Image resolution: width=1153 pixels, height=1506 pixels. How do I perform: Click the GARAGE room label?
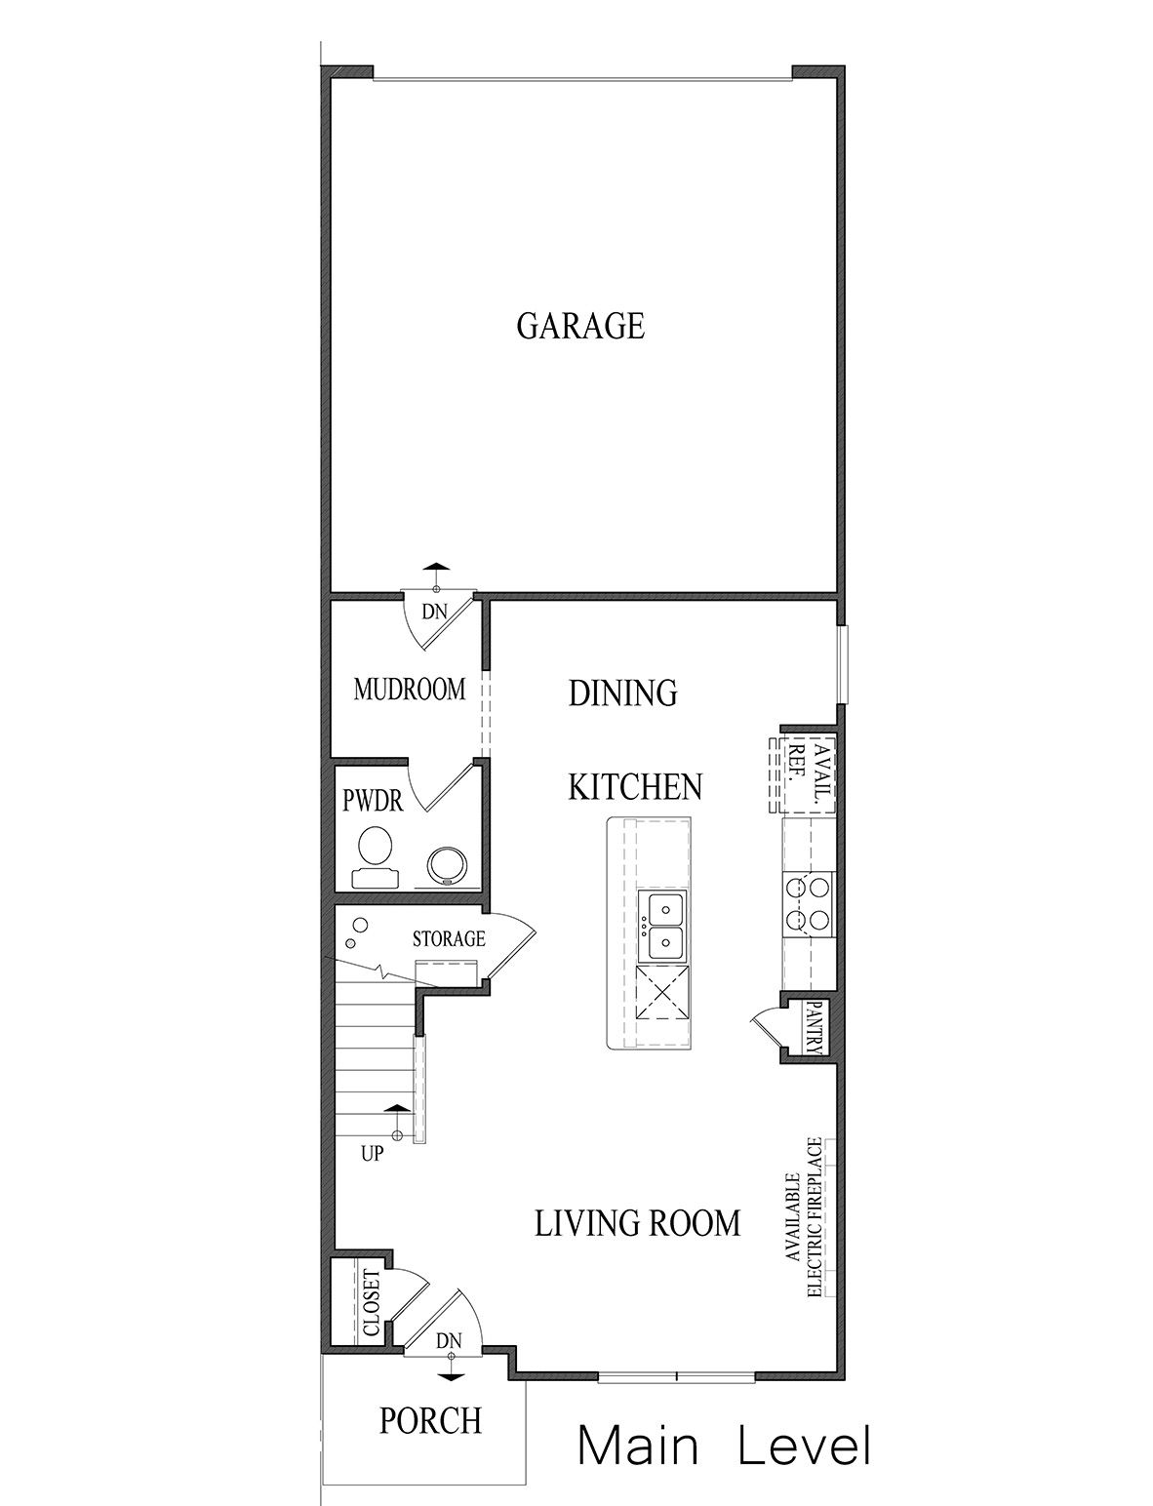click(580, 326)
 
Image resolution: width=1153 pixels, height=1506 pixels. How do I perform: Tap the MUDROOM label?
click(410, 690)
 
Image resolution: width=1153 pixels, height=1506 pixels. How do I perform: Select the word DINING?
click(622, 694)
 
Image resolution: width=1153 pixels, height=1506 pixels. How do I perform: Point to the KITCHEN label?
click(635, 786)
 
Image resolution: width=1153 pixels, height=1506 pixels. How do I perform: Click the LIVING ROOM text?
click(637, 1222)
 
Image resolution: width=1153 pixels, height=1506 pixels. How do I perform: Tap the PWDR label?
click(366, 801)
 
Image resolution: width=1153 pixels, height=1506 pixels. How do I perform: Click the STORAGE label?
click(449, 939)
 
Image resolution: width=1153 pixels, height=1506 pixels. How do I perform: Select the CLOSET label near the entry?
click(372, 1302)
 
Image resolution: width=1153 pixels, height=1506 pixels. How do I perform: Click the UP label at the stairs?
click(372, 1154)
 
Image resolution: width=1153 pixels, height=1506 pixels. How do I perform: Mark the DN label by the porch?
click(449, 1341)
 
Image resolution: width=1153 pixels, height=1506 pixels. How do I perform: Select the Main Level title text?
click(724, 1447)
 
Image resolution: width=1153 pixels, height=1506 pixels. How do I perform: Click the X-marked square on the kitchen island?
click(662, 994)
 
